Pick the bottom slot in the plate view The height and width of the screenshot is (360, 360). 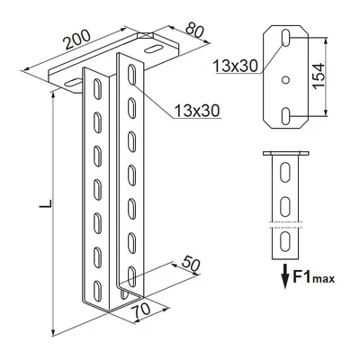click(285, 116)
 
